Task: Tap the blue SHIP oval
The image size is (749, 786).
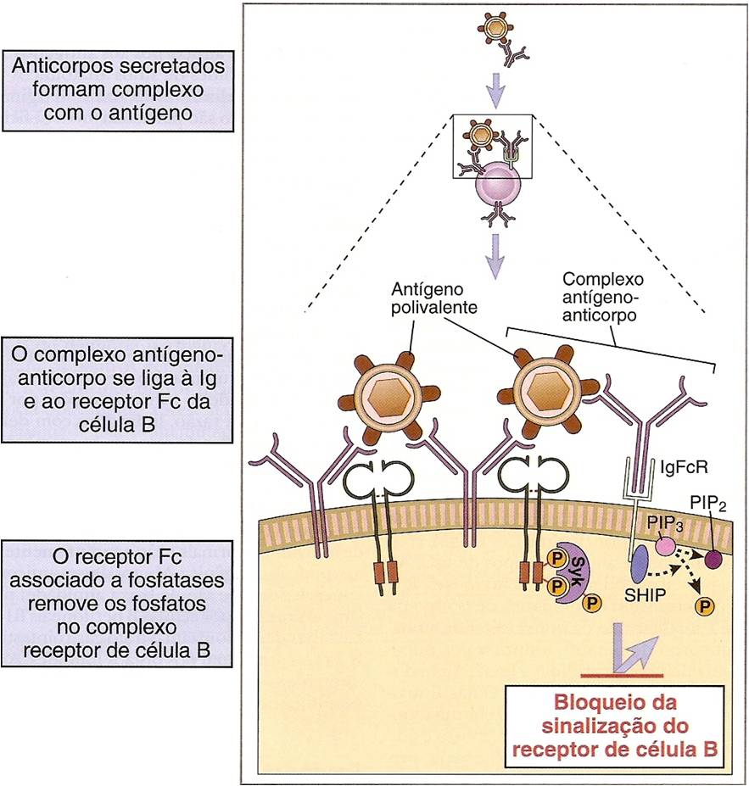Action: [639, 561]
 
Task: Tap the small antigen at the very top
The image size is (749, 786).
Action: [495, 32]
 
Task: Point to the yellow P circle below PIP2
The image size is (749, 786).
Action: [703, 606]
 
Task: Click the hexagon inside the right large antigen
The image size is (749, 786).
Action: [544, 393]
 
